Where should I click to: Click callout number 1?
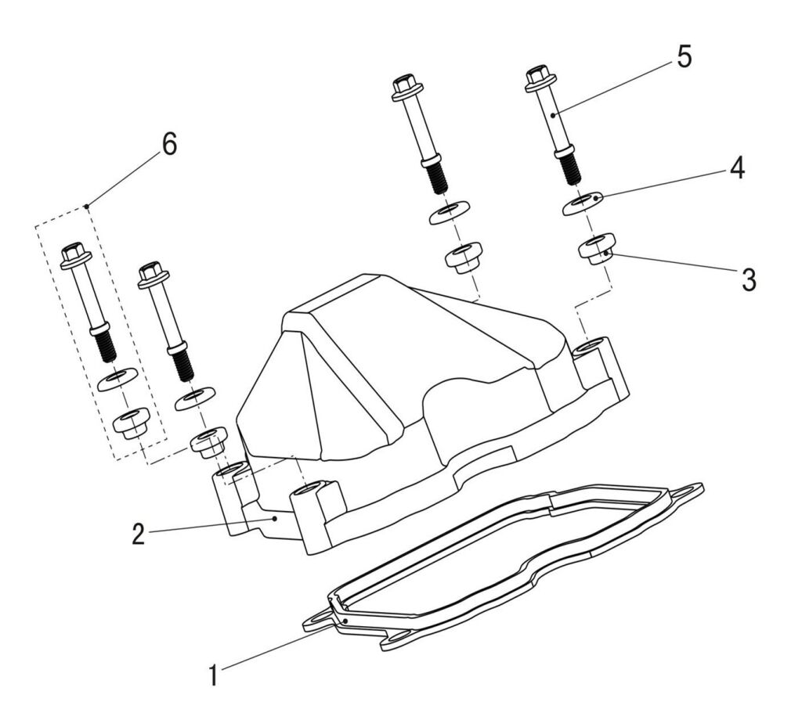point(212,674)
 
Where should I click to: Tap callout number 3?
point(749,279)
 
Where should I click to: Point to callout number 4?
point(737,168)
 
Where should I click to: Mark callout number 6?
point(168,144)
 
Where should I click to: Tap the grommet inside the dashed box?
point(131,423)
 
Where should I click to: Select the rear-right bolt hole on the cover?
point(594,344)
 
